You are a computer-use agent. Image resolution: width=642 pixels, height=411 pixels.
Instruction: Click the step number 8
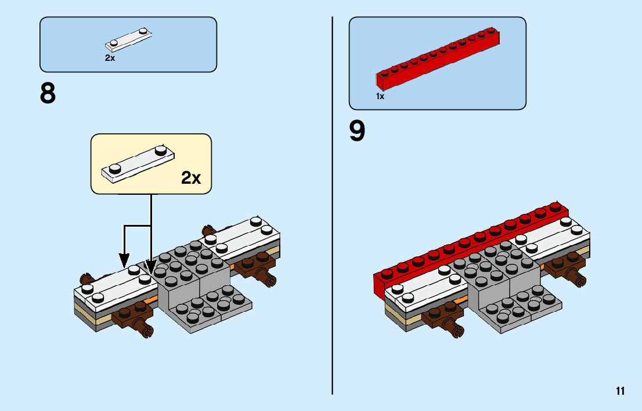[48, 94]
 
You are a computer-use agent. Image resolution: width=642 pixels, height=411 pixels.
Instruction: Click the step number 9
[357, 132]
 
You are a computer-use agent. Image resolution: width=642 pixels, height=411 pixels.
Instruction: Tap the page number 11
[621, 391]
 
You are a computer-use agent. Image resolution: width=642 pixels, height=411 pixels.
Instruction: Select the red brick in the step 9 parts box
[438, 58]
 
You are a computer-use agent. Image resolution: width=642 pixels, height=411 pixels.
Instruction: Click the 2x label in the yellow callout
[191, 178]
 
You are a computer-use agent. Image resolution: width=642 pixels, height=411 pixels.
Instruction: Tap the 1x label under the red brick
[380, 97]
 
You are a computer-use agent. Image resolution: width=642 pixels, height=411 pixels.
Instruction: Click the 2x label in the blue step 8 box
[110, 58]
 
